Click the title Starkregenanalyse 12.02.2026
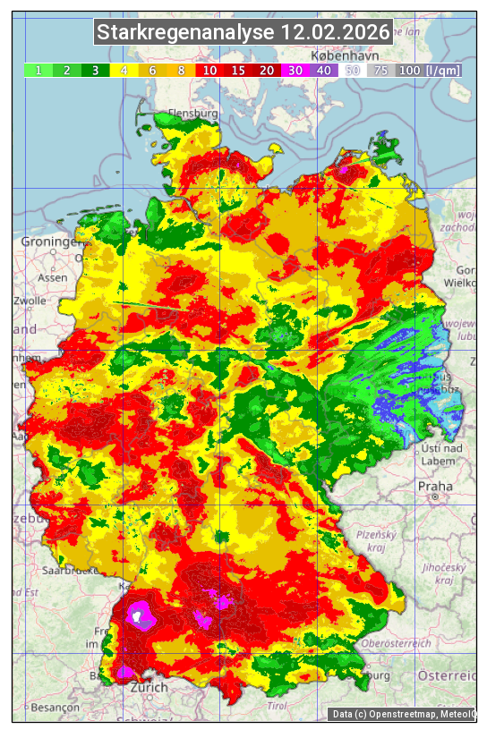(x=243, y=33)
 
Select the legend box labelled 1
(x=38, y=70)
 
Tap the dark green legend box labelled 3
(x=96, y=70)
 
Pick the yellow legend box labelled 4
(x=124, y=70)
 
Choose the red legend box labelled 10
(x=210, y=70)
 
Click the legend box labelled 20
(x=267, y=70)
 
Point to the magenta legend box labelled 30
(x=295, y=70)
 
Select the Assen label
(x=53, y=277)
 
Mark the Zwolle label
(x=30, y=301)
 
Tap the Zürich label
(x=149, y=687)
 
